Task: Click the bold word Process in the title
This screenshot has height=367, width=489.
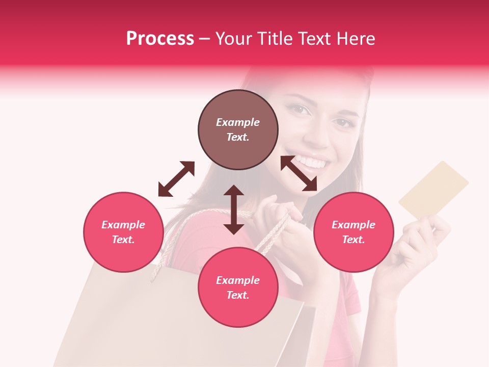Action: pos(160,38)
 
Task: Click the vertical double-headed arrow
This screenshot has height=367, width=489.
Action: pos(234,209)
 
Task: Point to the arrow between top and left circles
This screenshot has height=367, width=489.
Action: pos(176,179)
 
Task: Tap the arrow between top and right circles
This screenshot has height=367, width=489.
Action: pos(298,173)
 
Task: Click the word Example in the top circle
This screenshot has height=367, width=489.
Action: pos(238,122)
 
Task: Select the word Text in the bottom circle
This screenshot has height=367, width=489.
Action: pos(238,295)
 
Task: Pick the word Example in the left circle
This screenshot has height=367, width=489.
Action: pos(123,225)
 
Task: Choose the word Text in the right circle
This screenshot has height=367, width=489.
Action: pos(354,240)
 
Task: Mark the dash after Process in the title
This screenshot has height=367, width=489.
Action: pos(205,39)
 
